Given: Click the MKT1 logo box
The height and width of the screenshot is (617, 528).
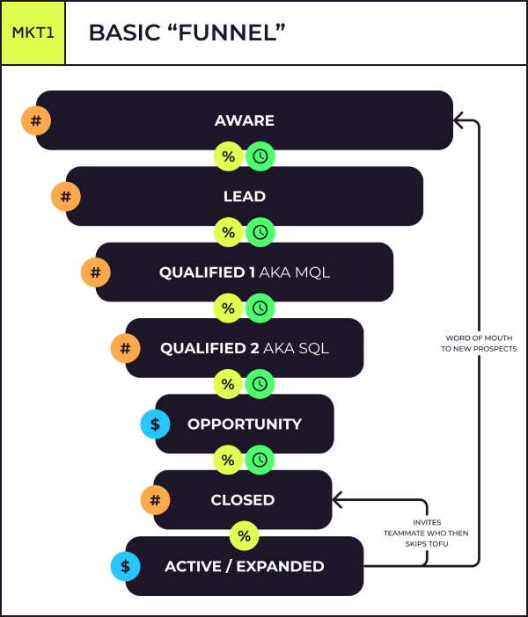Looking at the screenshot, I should coord(33,33).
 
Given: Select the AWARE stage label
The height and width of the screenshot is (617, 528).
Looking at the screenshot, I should coord(245,120).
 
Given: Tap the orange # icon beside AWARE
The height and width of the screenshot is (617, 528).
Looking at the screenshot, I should coord(36,120).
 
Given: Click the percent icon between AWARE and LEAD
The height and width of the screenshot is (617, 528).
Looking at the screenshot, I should coord(229,157).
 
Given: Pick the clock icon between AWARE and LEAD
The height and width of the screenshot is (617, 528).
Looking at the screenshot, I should coord(260,157).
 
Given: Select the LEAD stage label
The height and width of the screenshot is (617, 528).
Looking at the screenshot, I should coord(245,196).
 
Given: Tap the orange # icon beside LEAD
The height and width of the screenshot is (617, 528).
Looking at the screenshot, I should coord(66,196).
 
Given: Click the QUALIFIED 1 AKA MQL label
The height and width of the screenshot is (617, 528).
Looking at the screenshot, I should coord(245,272).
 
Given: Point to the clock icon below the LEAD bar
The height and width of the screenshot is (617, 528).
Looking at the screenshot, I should coord(260,233).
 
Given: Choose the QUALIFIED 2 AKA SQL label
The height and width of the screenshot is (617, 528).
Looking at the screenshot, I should coord(245,348).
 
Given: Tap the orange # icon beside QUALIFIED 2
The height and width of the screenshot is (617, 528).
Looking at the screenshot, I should coord(125,348).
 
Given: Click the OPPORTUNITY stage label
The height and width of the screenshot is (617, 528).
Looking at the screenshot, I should coord(245,424).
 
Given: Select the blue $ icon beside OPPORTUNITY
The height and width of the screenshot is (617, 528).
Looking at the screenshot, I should coord(155,424).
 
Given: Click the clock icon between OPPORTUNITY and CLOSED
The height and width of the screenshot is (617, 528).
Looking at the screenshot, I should coord(260,460).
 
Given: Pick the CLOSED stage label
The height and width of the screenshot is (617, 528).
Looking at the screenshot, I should coord(243,499).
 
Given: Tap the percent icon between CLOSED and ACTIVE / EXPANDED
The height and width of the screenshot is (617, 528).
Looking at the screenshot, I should coord(244,535).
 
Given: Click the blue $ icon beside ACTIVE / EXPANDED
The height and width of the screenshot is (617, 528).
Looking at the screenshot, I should coord(125,567).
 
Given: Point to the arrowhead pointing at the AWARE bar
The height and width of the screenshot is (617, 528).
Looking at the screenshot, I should coord(458,120).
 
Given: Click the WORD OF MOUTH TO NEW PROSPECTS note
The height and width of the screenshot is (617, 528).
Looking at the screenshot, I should coord(480,343).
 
